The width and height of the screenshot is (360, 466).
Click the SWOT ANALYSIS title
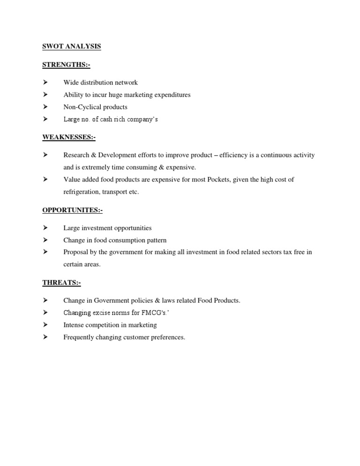(71, 46)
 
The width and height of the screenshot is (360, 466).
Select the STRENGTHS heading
(66, 65)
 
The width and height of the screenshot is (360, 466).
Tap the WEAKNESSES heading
(69, 137)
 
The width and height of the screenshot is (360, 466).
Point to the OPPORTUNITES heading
(72, 210)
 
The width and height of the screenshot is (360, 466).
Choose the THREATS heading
(62, 283)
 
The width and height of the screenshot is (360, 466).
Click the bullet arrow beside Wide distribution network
(45, 83)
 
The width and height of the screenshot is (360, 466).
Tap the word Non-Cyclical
(82, 107)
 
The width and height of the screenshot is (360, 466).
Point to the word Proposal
(75, 252)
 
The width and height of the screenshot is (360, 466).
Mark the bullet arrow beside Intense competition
(45, 325)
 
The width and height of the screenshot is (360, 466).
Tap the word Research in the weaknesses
(77, 155)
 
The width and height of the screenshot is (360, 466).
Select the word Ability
(73, 95)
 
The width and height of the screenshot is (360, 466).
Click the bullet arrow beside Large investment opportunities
(45, 228)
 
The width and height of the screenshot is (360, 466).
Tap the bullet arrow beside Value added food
(45, 180)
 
